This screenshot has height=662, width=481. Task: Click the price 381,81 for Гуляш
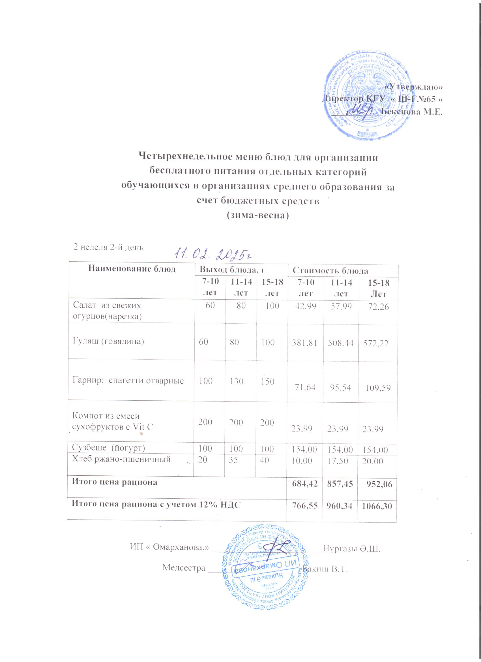[x=305, y=342]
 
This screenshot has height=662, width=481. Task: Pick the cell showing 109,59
[x=378, y=388]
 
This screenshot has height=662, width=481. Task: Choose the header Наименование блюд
[x=132, y=269]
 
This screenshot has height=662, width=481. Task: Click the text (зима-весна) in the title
[x=257, y=215]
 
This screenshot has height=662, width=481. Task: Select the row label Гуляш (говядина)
[x=108, y=341]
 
